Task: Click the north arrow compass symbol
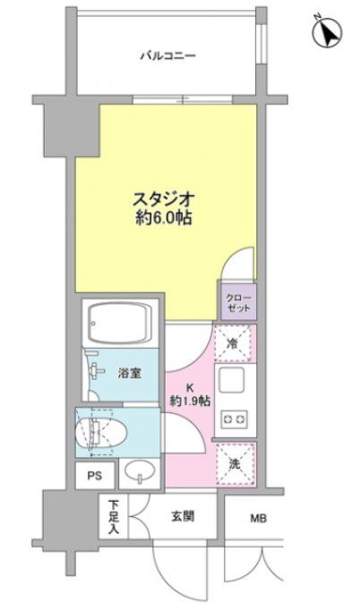329,33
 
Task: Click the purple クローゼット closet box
237,299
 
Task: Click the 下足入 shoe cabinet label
114,517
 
